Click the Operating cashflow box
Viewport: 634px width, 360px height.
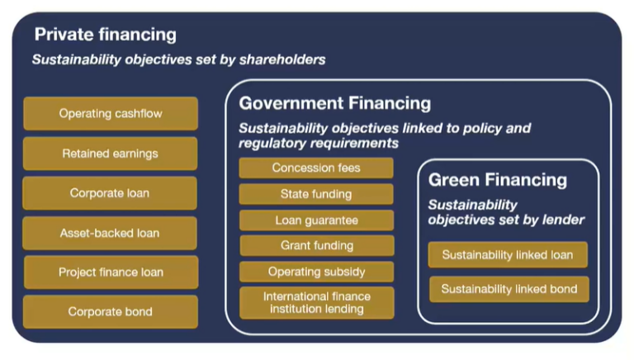110,114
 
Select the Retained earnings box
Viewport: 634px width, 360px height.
110,154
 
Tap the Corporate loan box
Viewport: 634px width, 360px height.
110,193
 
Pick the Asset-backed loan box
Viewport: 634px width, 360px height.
110,233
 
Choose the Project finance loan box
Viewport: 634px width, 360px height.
110,272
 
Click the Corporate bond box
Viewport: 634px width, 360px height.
110,312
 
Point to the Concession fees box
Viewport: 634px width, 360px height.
316,168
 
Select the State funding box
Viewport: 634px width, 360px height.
316,194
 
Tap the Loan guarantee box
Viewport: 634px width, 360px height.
316,220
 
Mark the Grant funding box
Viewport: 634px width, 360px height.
316,245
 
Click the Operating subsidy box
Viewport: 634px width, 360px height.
316,272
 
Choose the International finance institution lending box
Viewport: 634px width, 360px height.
316,302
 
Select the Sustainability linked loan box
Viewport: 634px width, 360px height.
507,255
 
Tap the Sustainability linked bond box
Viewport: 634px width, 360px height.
509,289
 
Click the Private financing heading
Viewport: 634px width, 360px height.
105,35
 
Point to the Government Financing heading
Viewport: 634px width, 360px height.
334,103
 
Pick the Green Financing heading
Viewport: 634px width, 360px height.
497,180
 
